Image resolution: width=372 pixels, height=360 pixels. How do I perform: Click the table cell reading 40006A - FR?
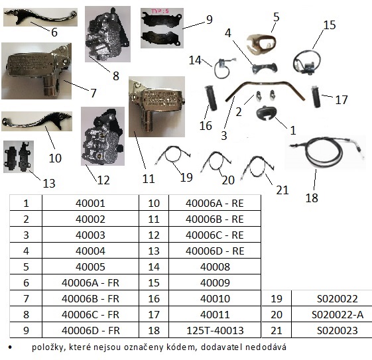90,282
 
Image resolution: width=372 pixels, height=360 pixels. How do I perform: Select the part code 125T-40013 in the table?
215,330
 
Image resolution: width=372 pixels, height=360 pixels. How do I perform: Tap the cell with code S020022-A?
338,314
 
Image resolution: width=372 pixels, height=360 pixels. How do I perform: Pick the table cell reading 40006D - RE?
215,251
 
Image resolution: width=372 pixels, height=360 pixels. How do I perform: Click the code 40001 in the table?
90,204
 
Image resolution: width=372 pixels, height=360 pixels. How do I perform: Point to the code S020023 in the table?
338,330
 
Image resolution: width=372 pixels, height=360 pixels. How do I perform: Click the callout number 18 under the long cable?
312,198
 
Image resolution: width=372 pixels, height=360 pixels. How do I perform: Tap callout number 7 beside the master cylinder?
93,93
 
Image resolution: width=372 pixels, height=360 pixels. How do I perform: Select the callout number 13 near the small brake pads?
49,183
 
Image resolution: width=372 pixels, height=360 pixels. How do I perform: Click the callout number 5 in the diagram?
277,17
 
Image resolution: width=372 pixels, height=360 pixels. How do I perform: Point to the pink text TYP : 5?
160,11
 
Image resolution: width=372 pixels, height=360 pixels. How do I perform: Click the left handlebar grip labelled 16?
211,98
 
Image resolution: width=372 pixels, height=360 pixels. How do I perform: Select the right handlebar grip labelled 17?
316,96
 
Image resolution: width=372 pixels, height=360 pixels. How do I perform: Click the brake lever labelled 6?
40,16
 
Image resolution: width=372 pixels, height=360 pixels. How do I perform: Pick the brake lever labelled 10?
36,121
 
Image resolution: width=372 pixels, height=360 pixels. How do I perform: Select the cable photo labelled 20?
216,161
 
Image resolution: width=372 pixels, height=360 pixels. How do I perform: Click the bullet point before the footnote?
10,347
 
